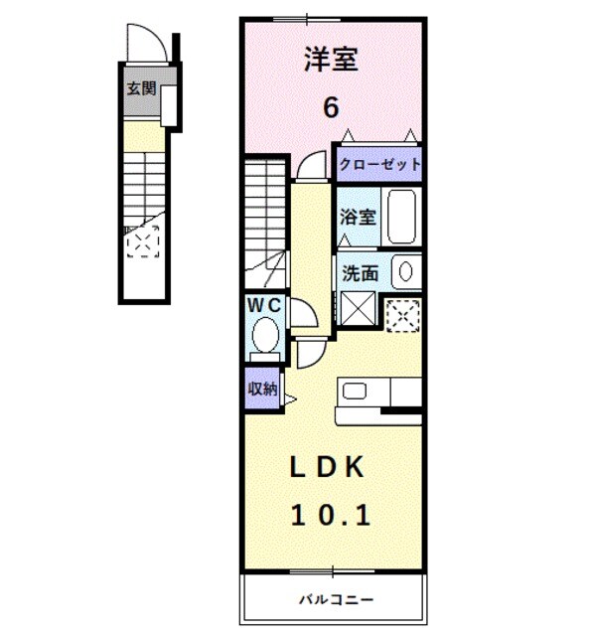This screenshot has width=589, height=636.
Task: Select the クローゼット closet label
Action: [x=379, y=165]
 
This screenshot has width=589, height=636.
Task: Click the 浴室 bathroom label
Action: [x=357, y=215]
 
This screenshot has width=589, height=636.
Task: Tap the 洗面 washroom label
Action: [x=359, y=271]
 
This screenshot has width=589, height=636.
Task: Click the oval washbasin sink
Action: [x=405, y=270]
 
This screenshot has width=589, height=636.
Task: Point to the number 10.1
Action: [x=331, y=515]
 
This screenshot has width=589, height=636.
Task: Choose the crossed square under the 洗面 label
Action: [x=357, y=309]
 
